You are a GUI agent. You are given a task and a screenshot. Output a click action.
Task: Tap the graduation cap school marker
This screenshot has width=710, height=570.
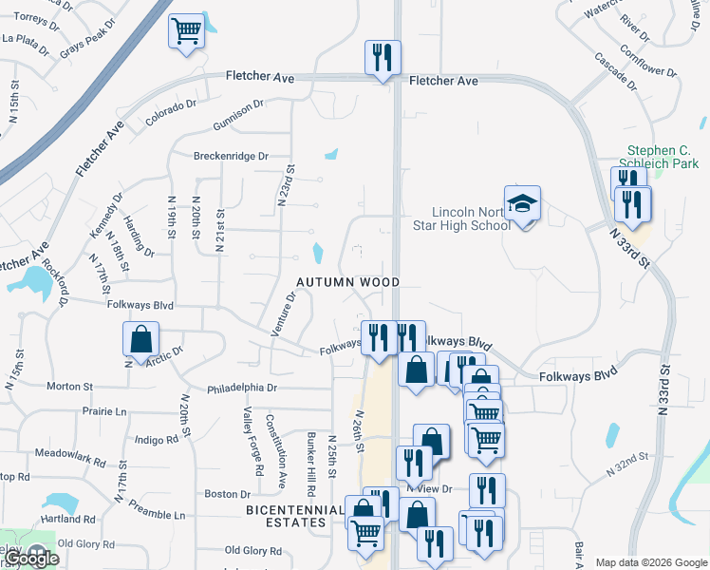521,205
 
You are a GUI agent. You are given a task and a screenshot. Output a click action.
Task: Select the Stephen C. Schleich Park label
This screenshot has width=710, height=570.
663,157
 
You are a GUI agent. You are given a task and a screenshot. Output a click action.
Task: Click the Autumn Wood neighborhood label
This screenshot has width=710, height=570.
347,282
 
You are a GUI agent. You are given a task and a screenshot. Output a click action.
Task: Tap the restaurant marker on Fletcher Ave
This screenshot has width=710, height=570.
383,58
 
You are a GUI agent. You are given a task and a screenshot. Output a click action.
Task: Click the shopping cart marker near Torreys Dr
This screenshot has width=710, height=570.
186,30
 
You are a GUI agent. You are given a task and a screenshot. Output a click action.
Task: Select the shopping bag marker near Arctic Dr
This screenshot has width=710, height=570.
140,339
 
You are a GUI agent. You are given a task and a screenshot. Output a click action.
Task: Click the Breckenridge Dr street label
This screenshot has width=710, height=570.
231,156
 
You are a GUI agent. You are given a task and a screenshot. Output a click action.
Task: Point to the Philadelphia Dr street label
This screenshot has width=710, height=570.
242,388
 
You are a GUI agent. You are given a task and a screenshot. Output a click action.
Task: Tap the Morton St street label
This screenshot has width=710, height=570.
69,387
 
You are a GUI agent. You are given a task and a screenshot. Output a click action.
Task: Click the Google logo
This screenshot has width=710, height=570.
32,559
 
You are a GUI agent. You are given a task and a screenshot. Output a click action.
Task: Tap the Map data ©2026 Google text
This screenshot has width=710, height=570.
651,562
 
